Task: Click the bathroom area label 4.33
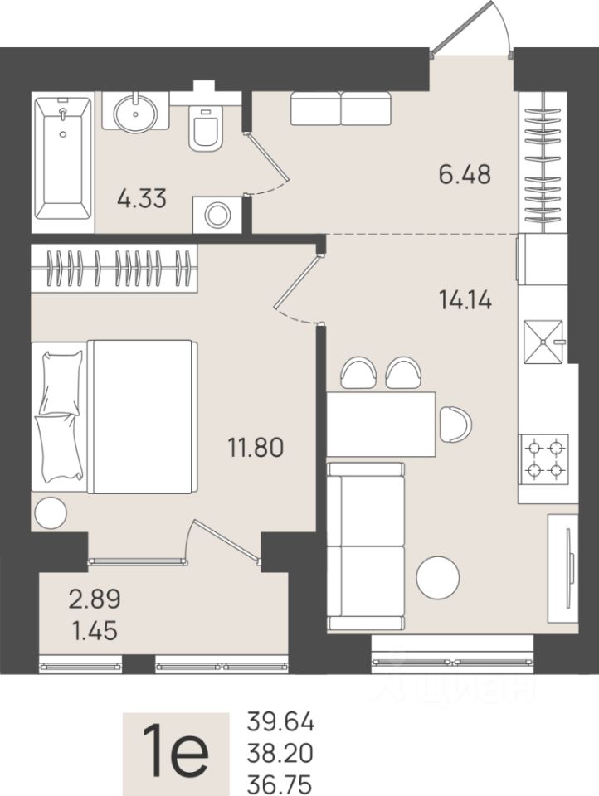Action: point(142,198)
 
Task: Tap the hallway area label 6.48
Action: point(465,175)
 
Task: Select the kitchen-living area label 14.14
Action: point(465,300)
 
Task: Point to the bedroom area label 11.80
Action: point(256,448)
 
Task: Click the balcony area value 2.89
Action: point(95,599)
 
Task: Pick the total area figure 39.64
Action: point(280,722)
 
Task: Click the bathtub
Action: point(63,159)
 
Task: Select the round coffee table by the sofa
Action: point(437,578)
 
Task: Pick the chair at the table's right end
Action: point(456,425)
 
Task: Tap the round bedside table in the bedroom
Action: point(51,512)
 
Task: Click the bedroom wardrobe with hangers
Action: point(114,268)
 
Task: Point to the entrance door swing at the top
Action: point(473,30)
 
